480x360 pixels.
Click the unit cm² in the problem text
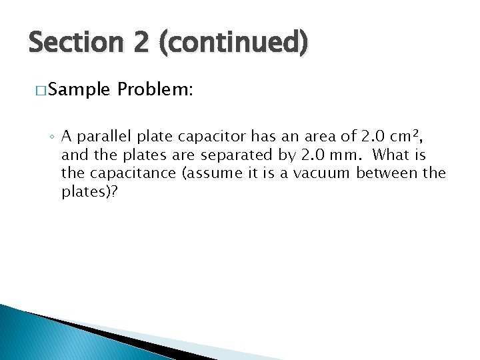tap(403, 137)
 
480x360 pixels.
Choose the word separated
tap(228, 156)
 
